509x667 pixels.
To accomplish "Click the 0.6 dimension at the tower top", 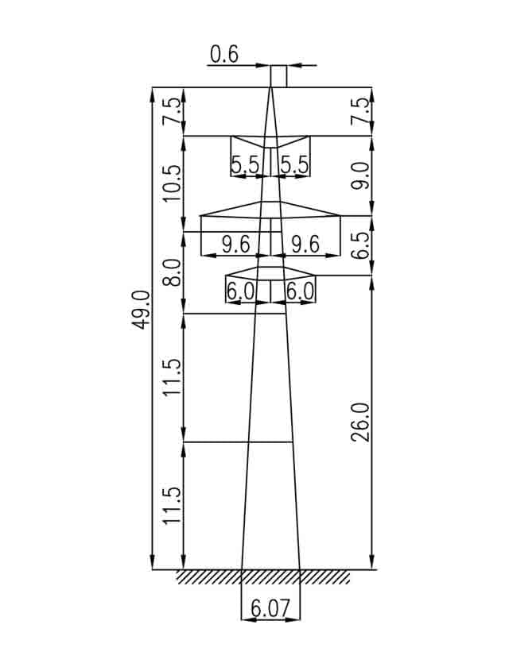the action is click(x=224, y=55).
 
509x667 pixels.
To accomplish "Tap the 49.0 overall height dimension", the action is click(x=141, y=310).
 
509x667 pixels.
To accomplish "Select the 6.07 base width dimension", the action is click(x=270, y=608).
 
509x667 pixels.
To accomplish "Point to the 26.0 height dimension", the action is click(x=361, y=422).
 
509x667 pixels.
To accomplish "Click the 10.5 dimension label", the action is click(x=173, y=183).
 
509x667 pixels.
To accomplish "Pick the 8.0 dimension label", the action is click(x=173, y=272).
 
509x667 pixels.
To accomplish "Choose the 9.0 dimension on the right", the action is click(x=361, y=176).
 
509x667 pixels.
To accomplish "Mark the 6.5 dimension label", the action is click(x=361, y=245).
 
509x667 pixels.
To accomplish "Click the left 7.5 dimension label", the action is click(x=173, y=111).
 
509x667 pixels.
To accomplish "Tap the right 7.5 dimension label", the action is click(x=361, y=111).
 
